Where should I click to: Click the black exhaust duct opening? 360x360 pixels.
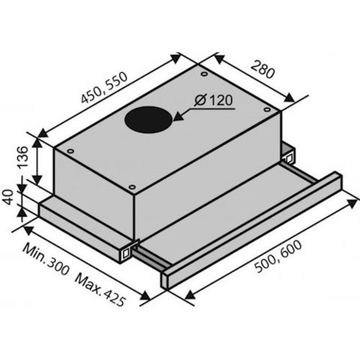point(146,123)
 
